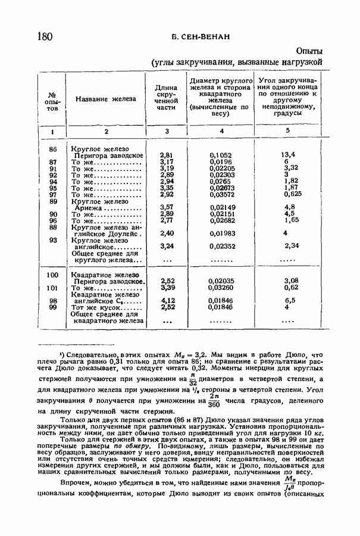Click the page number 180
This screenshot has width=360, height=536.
(45, 37)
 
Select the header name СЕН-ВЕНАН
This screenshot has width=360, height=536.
(200, 38)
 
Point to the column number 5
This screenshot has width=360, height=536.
(287, 130)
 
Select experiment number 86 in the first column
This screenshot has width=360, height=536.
(53, 148)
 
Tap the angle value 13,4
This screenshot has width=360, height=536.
(289, 155)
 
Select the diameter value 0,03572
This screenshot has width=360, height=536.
(223, 194)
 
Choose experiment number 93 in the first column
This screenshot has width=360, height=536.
(53, 241)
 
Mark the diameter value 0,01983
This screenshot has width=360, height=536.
(223, 233)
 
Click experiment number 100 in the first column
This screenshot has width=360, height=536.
(53, 275)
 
